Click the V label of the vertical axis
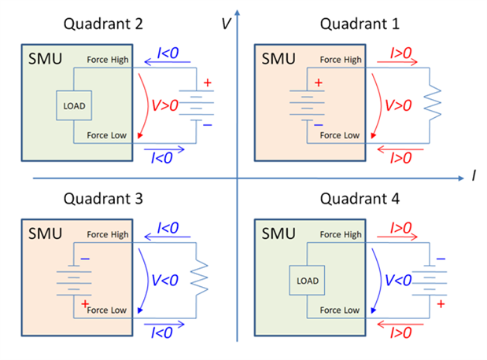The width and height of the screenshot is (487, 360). coord(226,23)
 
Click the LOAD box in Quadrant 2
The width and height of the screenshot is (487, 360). coord(74,105)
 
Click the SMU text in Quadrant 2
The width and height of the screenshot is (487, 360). coord(42,59)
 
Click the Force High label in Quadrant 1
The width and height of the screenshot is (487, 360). coord(341,60)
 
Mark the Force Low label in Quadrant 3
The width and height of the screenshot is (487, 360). coord(107,310)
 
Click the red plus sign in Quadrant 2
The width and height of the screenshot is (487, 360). coord(208,83)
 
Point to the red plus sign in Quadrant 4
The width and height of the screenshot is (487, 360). coord(441,303)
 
